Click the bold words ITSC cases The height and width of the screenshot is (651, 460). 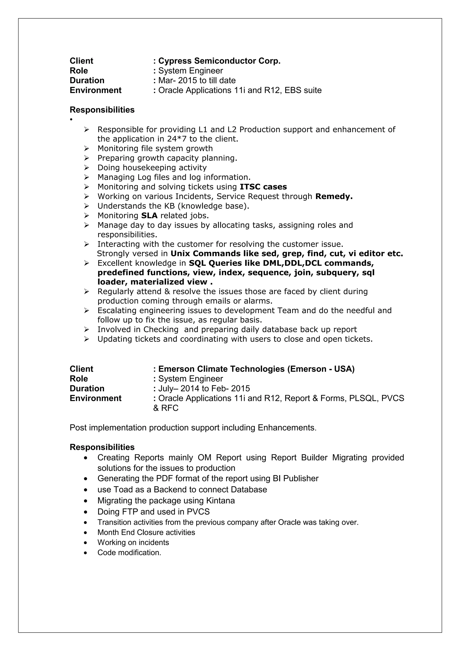click(263, 187)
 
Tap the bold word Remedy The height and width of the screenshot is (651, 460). click(334, 197)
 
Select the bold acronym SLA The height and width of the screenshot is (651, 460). click(149, 216)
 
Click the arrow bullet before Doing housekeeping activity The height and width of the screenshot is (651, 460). click(86, 168)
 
